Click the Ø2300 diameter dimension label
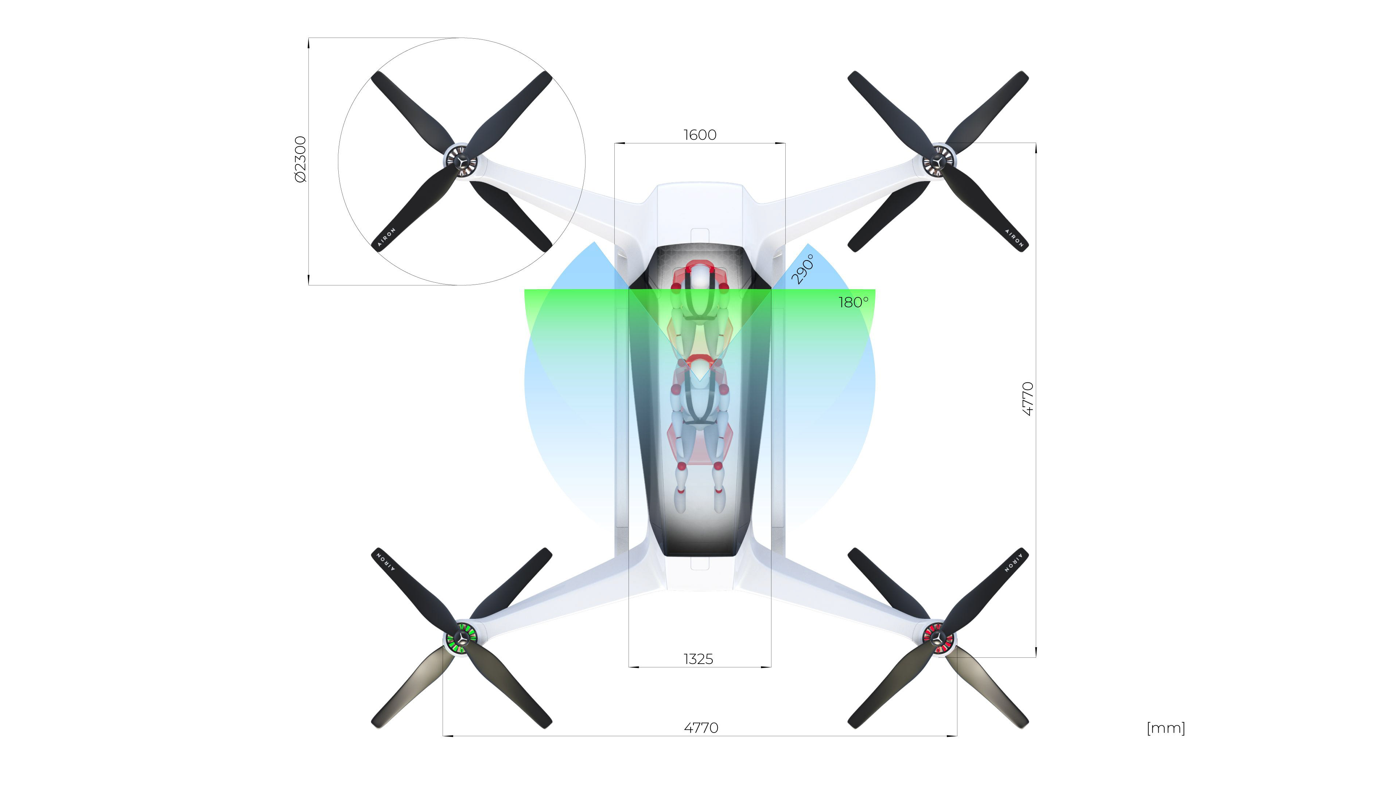(300, 159)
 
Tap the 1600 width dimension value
(700, 135)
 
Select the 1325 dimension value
(699, 659)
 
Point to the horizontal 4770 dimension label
(701, 728)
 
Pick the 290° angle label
(803, 269)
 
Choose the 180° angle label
(853, 302)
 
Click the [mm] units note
(1166, 728)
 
